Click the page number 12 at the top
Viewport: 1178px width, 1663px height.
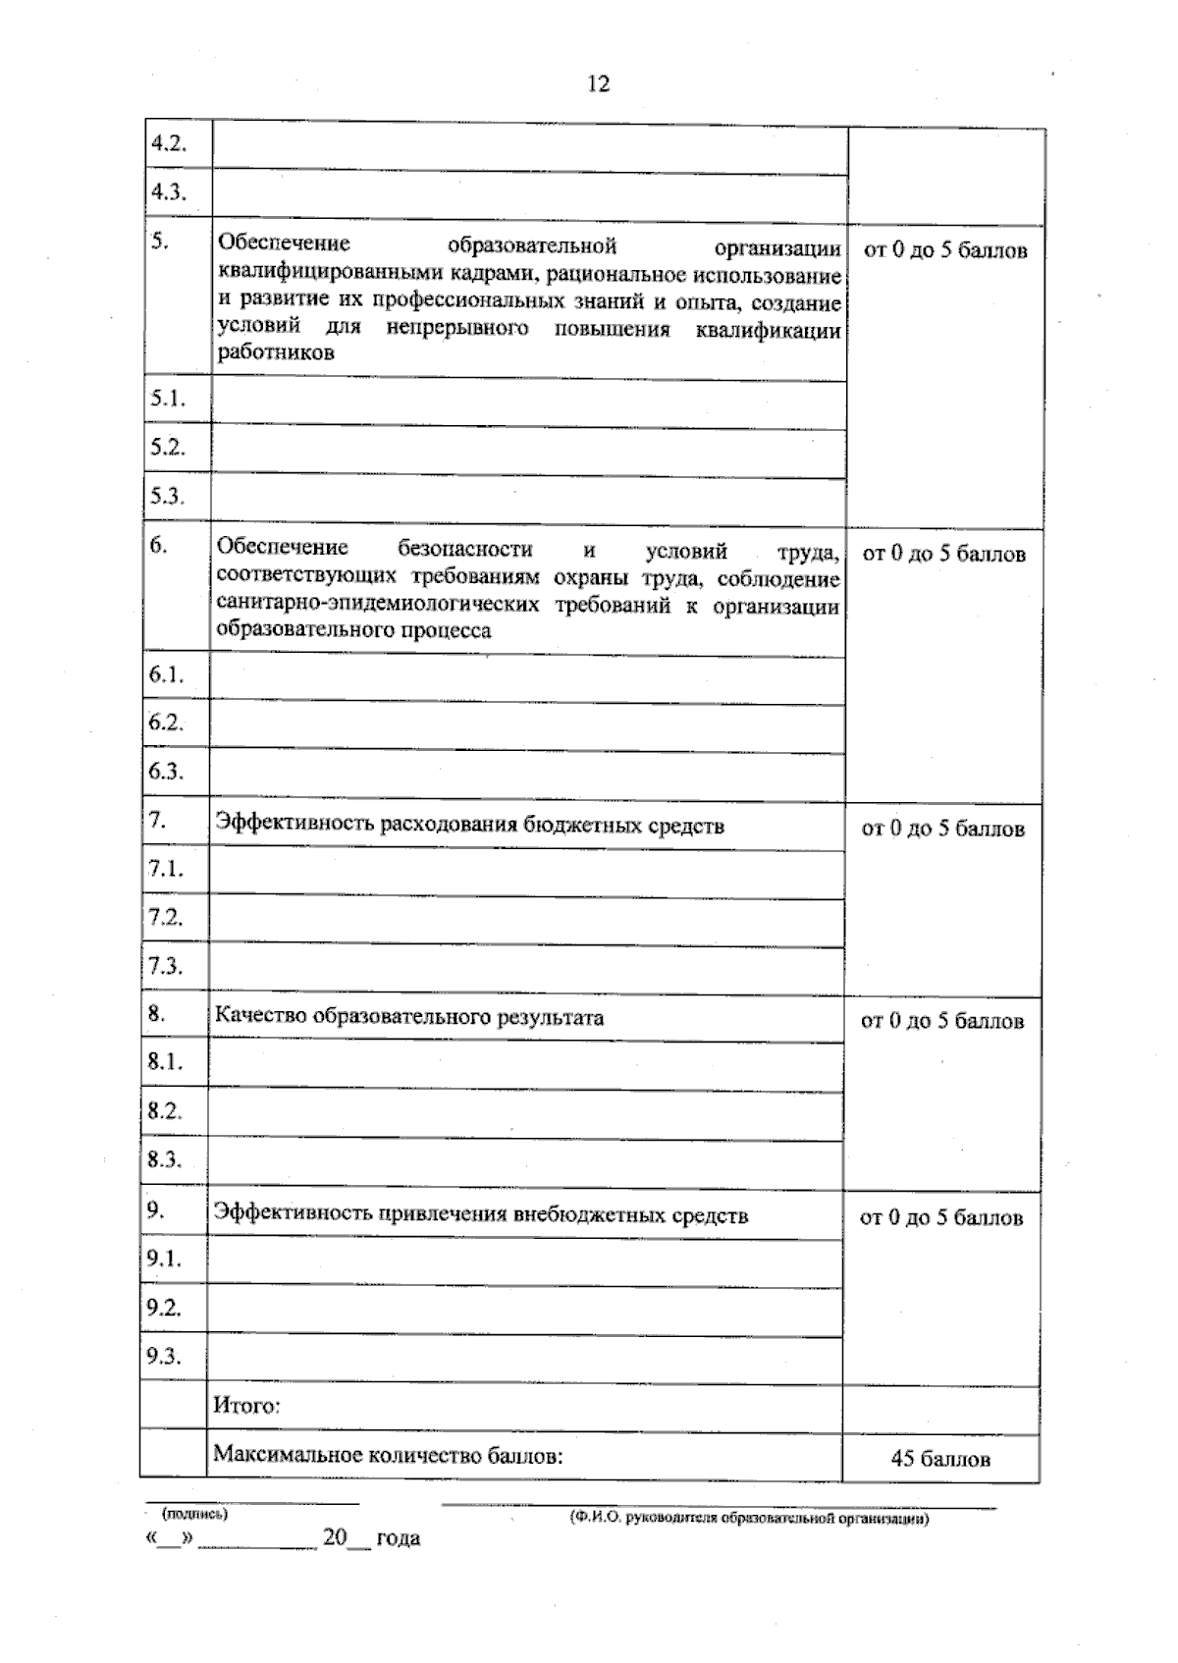[x=598, y=84]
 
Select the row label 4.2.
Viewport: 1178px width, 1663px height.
[x=167, y=143]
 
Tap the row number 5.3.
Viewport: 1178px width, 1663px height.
[x=167, y=497]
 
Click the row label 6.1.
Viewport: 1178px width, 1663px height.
[x=166, y=674]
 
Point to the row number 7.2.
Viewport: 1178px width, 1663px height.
[x=165, y=917]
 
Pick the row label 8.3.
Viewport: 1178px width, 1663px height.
[x=165, y=1159]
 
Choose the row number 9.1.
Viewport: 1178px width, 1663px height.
[x=164, y=1258]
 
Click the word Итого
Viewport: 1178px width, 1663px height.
[x=246, y=1406]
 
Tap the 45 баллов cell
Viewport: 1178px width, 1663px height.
[x=940, y=1459]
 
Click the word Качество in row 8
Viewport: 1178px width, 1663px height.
[x=260, y=1017]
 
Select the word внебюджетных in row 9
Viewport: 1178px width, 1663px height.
[x=588, y=1216]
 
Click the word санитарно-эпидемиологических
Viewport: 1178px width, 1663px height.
[x=378, y=605]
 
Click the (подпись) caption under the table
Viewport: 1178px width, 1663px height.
[x=194, y=1514]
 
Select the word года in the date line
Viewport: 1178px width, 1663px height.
[x=398, y=1538]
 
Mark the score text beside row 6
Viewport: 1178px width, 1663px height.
[x=943, y=555]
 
